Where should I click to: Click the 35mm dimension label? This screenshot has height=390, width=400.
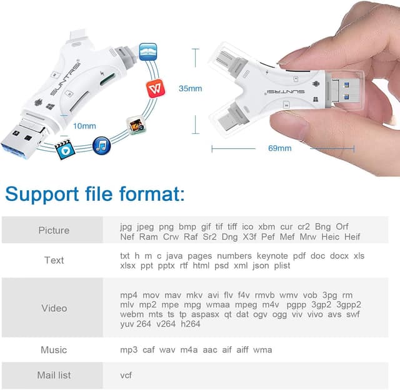[191, 88]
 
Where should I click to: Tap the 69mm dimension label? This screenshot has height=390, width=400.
[279, 148]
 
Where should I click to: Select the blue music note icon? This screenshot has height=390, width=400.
[102, 146]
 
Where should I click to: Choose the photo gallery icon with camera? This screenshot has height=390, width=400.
[134, 125]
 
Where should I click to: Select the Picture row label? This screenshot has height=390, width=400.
[54, 230]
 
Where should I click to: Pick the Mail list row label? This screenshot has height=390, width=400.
[54, 375]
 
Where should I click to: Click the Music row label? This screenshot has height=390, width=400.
[54, 349]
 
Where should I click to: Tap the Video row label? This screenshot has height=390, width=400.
[54, 308]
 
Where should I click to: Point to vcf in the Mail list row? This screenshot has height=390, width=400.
[126, 375]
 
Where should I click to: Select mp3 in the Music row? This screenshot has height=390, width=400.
[129, 349]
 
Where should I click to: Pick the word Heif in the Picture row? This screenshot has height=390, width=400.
[353, 236]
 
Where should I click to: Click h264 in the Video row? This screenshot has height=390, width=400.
[190, 324]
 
